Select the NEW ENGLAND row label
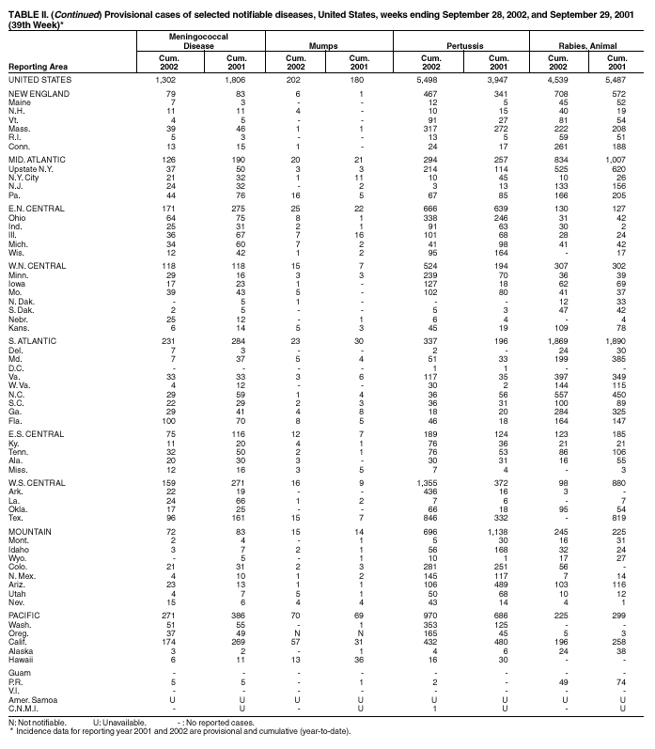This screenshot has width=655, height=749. pos(36,95)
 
